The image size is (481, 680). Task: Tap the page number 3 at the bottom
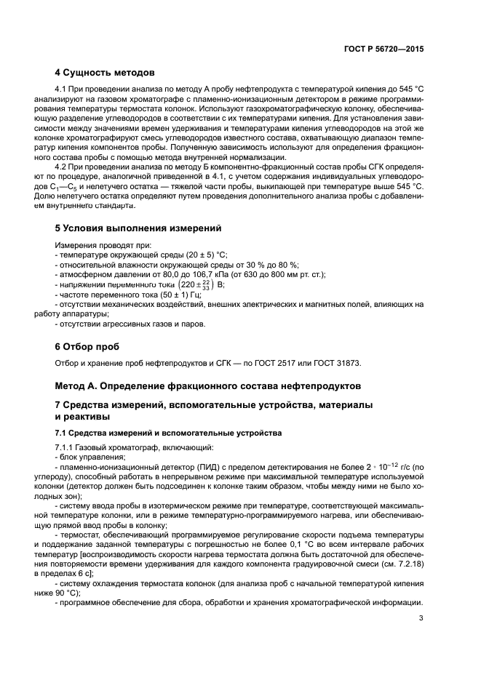tap(421, 619)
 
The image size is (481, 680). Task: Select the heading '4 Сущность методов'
tap(104, 73)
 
